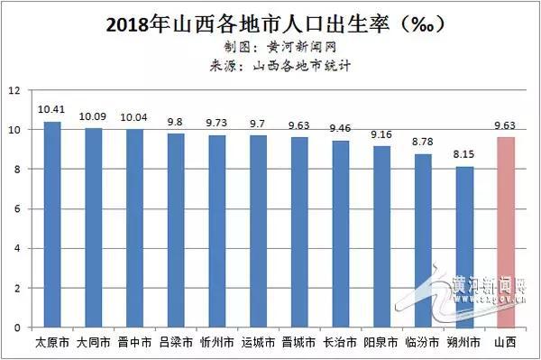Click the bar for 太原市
[x=52, y=225]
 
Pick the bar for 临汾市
[x=423, y=240]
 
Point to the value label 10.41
[x=51, y=109]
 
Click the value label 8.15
[x=465, y=154]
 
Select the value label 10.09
[x=94, y=115]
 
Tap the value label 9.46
[x=341, y=128]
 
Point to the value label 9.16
[x=382, y=134]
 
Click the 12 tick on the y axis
[x=14, y=90]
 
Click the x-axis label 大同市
[x=94, y=344]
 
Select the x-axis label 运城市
[x=259, y=344]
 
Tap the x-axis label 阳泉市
[x=382, y=344]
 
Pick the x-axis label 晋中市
[x=135, y=344]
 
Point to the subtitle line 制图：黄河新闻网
[x=270, y=45]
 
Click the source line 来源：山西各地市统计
[x=270, y=64]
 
